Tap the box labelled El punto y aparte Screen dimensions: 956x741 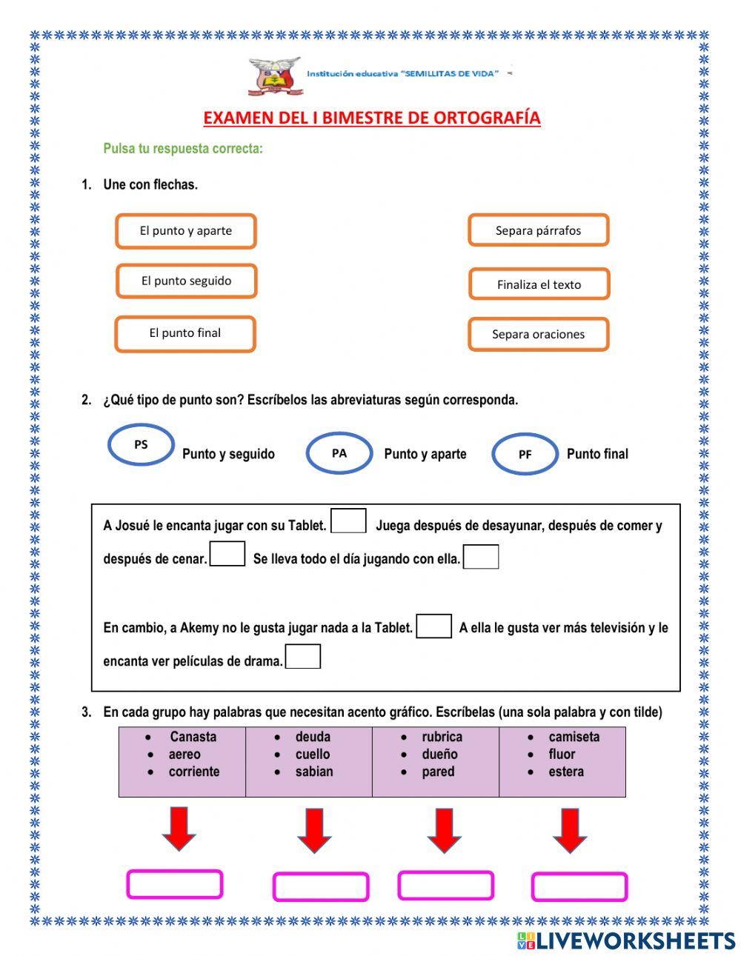pyautogui.click(x=185, y=231)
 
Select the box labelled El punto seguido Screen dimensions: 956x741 pyautogui.click(x=186, y=281)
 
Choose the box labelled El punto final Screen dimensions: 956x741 pyautogui.click(x=185, y=333)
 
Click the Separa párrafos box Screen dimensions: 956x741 pyautogui.click(x=538, y=230)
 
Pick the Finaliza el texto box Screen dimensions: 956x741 pyautogui.click(x=539, y=284)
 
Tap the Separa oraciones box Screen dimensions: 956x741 pyautogui.click(x=538, y=335)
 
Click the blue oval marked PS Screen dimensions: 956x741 pyautogui.click(x=141, y=445)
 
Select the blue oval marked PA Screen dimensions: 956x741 pyautogui.click(x=339, y=453)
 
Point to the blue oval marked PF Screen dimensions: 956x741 pyautogui.click(x=525, y=455)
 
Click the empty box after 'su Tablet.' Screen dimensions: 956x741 pyautogui.click(x=348, y=521)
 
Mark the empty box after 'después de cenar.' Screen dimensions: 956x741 pyautogui.click(x=227, y=554)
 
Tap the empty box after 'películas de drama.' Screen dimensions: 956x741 pyautogui.click(x=303, y=657)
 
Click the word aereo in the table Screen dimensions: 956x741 pyautogui.click(x=185, y=755)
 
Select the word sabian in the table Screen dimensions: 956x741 pyautogui.click(x=314, y=772)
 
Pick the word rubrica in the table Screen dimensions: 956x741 pyautogui.click(x=442, y=737)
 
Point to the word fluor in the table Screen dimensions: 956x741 pyautogui.click(x=562, y=755)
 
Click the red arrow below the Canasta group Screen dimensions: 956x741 pyautogui.click(x=179, y=829)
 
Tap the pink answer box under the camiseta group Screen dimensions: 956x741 pyautogui.click(x=579, y=887)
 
